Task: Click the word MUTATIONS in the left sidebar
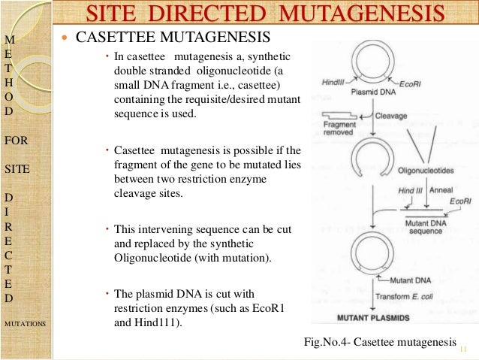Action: tap(25, 323)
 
